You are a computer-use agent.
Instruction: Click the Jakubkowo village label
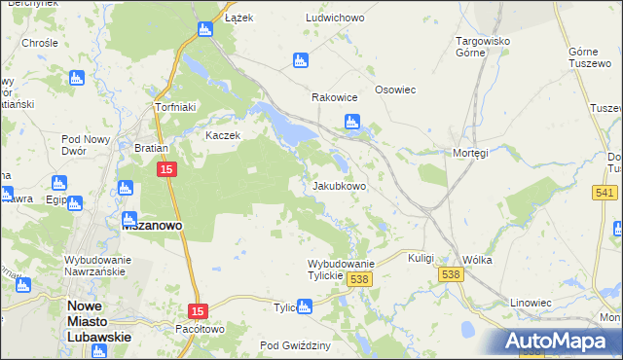tap(339, 186)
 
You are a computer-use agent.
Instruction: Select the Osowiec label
tap(396, 90)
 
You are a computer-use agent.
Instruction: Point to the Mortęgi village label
tap(470, 153)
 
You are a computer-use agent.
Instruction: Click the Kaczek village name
tap(222, 135)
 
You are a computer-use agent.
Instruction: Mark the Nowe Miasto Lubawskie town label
tap(97, 321)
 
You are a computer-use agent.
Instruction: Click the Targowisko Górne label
tap(484, 47)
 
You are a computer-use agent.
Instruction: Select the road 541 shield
tap(605, 193)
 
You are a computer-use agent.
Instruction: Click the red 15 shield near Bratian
tap(166, 169)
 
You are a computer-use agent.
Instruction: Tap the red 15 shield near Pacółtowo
tap(199, 310)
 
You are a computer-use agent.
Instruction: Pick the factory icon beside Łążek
tap(205, 29)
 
